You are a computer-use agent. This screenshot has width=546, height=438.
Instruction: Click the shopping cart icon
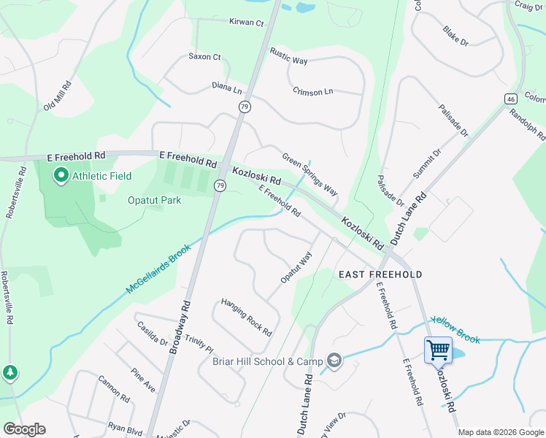tap(438, 350)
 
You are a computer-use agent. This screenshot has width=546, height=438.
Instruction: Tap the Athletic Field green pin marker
tap(61, 175)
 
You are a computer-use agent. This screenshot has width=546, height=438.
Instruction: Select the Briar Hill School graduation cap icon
tap(334, 361)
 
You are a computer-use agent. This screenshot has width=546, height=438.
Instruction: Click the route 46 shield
tap(510, 98)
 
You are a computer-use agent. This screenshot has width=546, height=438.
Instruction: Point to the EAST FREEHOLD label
tap(380, 274)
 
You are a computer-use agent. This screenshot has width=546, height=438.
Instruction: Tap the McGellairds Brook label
tap(158, 269)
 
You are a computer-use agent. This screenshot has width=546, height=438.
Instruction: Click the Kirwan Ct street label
tap(246, 23)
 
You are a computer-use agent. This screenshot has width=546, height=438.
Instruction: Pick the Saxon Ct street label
tap(204, 56)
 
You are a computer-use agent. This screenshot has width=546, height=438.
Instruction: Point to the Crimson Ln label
tap(312, 91)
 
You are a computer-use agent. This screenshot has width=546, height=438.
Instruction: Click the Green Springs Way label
tap(310, 174)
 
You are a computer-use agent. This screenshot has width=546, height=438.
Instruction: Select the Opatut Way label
tap(296, 268)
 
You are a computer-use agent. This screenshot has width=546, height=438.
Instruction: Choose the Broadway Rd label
tap(180, 328)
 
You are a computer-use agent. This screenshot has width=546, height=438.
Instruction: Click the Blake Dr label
tap(455, 36)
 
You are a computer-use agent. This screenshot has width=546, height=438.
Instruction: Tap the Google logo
tap(24, 429)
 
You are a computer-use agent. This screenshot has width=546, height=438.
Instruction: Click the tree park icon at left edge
tap(9, 373)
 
